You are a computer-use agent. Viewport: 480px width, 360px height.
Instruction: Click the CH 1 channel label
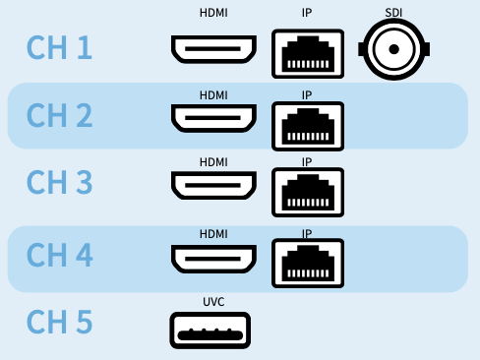coord(59,48)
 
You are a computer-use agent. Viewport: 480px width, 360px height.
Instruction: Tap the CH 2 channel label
coord(59,116)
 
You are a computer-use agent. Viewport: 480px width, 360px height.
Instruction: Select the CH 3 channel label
coord(59,184)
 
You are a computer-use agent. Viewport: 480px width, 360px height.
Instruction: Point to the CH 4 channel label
coord(59,256)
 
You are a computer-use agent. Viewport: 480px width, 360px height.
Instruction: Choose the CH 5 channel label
coord(59,323)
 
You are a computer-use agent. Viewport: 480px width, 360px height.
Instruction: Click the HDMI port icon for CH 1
coord(213,50)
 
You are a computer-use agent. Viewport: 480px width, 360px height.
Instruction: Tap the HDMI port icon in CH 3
coord(213,186)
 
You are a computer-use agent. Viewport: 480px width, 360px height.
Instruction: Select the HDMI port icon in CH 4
coord(213,259)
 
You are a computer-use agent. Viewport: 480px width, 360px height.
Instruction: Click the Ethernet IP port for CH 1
coord(307,53)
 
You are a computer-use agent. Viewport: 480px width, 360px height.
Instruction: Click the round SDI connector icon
coord(395,48)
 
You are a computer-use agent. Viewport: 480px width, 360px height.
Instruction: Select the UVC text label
coord(213,301)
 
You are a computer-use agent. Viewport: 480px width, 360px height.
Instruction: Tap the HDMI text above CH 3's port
coord(213,161)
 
